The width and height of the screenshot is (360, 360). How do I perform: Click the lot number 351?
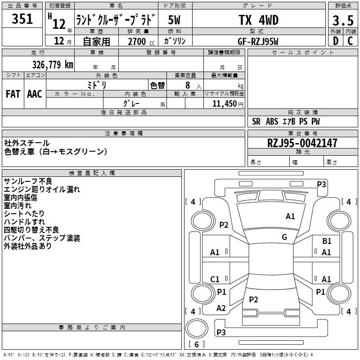click(22, 19)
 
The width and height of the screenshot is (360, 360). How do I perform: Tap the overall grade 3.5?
click(343, 20)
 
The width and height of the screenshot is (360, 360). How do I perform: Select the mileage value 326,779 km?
click(53, 65)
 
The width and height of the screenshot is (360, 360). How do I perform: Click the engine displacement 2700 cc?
click(141, 41)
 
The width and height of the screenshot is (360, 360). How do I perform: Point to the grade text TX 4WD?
click(259, 20)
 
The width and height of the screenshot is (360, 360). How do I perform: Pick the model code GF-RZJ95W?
click(258, 41)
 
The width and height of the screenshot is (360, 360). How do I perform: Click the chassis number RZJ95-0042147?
click(302, 143)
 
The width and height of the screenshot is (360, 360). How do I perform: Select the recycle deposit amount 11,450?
click(225, 104)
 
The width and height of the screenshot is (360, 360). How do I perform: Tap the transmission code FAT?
click(13, 94)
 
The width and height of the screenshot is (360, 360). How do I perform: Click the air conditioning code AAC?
click(35, 94)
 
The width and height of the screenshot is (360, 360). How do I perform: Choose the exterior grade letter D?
click(336, 41)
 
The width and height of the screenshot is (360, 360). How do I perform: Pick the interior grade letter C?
click(350, 41)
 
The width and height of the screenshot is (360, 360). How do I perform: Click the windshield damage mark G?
click(284, 237)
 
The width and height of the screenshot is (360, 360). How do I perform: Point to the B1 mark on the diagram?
click(327, 241)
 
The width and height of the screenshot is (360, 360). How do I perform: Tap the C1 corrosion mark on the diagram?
click(215, 279)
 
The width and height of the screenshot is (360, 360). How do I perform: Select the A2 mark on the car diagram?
click(221, 308)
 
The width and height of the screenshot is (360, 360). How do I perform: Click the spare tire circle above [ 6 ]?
click(197, 328)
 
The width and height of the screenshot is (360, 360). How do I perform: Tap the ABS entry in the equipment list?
click(272, 121)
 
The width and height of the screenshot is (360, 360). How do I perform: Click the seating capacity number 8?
click(188, 85)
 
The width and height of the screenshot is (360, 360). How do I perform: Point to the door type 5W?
click(174, 20)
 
